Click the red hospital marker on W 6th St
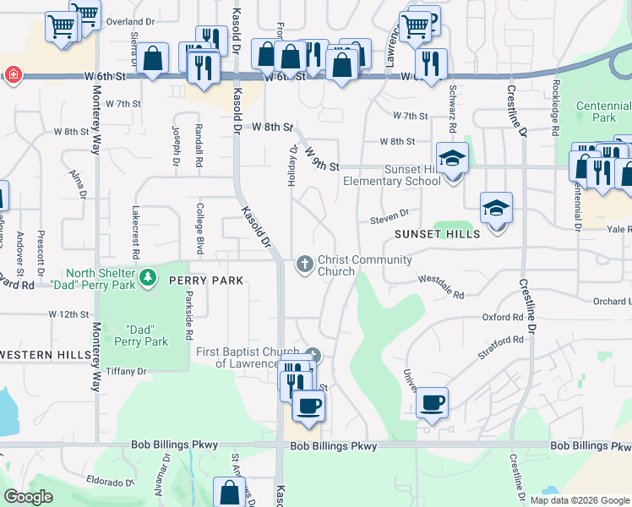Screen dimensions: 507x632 (x=13, y=75)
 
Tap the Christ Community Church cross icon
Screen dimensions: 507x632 (x=305, y=265)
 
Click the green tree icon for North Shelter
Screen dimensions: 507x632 (x=148, y=277)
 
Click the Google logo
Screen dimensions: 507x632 (x=28, y=497)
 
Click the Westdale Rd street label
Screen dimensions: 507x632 (x=441, y=286)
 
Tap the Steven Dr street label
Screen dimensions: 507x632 (x=389, y=217)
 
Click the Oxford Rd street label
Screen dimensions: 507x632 (x=503, y=318)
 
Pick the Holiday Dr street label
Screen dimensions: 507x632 (x=293, y=166)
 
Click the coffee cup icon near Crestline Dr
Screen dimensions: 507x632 (x=432, y=402)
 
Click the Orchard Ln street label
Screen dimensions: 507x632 (x=612, y=301)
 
